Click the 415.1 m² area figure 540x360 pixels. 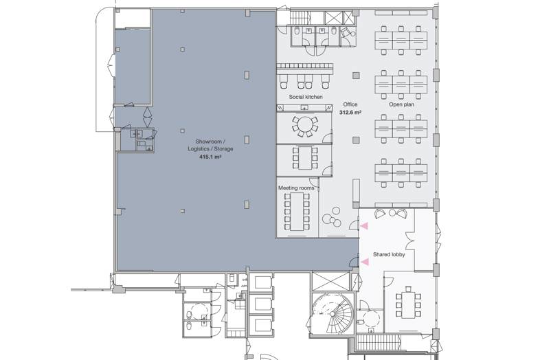(210, 157)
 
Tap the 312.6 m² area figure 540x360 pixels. (350, 112)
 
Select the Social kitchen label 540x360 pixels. (306, 97)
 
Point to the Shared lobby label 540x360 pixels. (389, 255)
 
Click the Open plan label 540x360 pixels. (401, 104)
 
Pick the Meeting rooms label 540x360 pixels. (296, 188)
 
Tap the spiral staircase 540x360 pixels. (333, 313)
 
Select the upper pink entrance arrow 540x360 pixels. (364, 225)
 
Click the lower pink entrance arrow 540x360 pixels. (364, 262)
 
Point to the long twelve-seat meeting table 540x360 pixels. (297, 212)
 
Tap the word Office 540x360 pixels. (350, 104)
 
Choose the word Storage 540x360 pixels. (223, 149)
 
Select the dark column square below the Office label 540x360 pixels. (356, 140)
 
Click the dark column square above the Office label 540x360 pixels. (356, 76)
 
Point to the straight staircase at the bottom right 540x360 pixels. (379, 343)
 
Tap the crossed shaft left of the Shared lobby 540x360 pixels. (330, 281)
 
